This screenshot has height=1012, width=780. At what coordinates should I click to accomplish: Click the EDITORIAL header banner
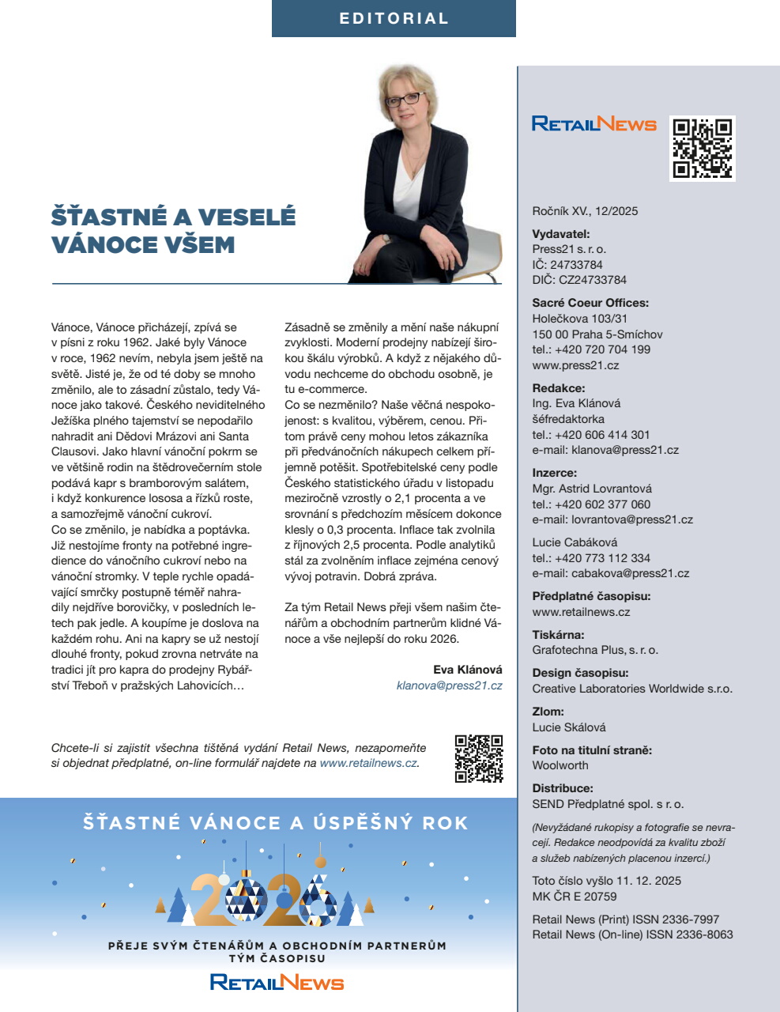click(394, 18)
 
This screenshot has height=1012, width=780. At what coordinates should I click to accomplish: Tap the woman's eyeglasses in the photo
click(404, 100)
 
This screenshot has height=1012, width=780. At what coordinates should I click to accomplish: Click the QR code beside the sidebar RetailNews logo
click(703, 148)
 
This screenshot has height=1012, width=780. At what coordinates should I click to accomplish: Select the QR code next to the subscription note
click(479, 758)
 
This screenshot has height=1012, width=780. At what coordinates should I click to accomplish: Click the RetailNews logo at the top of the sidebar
click(594, 124)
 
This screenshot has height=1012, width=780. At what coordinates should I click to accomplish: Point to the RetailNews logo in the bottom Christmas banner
click(277, 983)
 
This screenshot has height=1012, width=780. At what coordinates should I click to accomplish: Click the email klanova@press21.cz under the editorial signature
click(449, 685)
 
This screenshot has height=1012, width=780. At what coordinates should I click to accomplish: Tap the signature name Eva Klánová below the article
click(467, 670)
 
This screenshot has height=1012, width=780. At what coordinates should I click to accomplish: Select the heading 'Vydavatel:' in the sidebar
click(561, 234)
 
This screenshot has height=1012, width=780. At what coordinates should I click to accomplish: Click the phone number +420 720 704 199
click(602, 349)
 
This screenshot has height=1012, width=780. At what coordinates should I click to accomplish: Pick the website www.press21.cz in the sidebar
click(575, 365)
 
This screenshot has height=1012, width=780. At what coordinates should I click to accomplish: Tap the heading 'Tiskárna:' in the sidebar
click(558, 635)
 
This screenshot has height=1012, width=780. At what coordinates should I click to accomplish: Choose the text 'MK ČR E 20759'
click(575, 897)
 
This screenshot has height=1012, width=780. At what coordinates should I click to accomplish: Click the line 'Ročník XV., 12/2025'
click(585, 211)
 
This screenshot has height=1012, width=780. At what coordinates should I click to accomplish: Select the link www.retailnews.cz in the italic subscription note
click(368, 763)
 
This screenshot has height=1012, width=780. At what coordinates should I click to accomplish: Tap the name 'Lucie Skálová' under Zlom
click(569, 727)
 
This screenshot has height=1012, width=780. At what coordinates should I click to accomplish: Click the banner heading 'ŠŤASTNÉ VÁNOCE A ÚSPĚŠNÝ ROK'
click(276, 823)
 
